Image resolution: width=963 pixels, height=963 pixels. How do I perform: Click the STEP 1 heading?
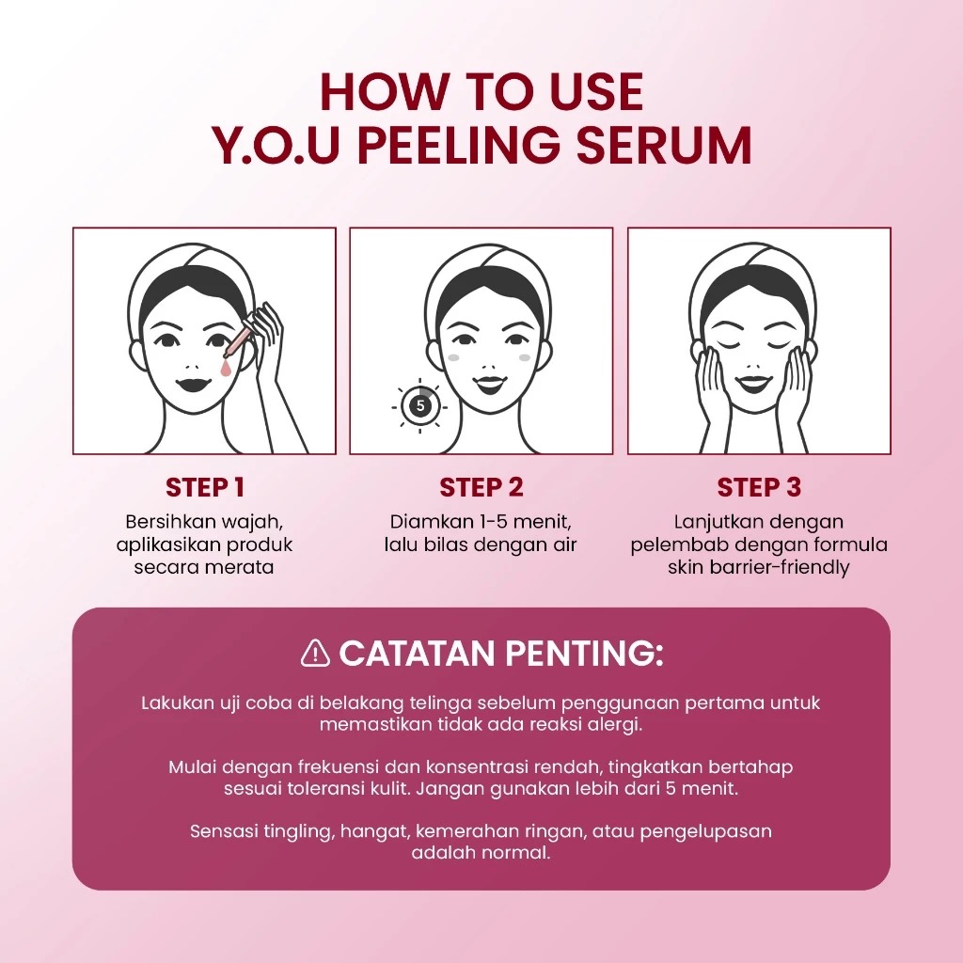coord(204,487)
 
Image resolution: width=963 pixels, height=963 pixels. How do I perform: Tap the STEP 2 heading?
coord(481,487)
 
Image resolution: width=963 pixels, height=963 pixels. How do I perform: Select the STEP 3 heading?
coord(759,487)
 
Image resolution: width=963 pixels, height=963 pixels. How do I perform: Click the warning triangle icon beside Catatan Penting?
coord(315,653)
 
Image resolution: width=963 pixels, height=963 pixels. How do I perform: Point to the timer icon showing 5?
coord(419,406)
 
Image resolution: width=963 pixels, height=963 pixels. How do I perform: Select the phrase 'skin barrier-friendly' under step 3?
coord(758,567)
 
